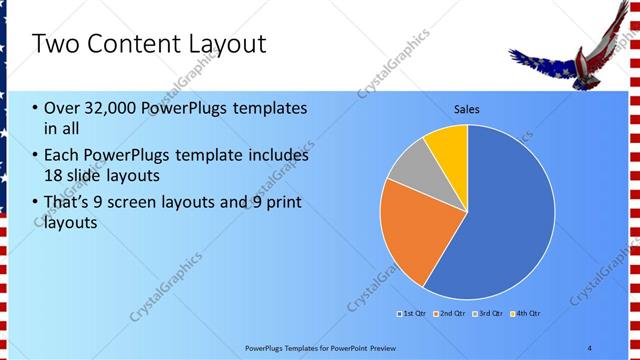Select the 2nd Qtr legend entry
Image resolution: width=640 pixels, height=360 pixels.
click(x=450, y=314)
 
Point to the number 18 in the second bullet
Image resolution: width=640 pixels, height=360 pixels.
click(x=56, y=176)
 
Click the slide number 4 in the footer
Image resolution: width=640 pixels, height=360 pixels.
click(x=590, y=347)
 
